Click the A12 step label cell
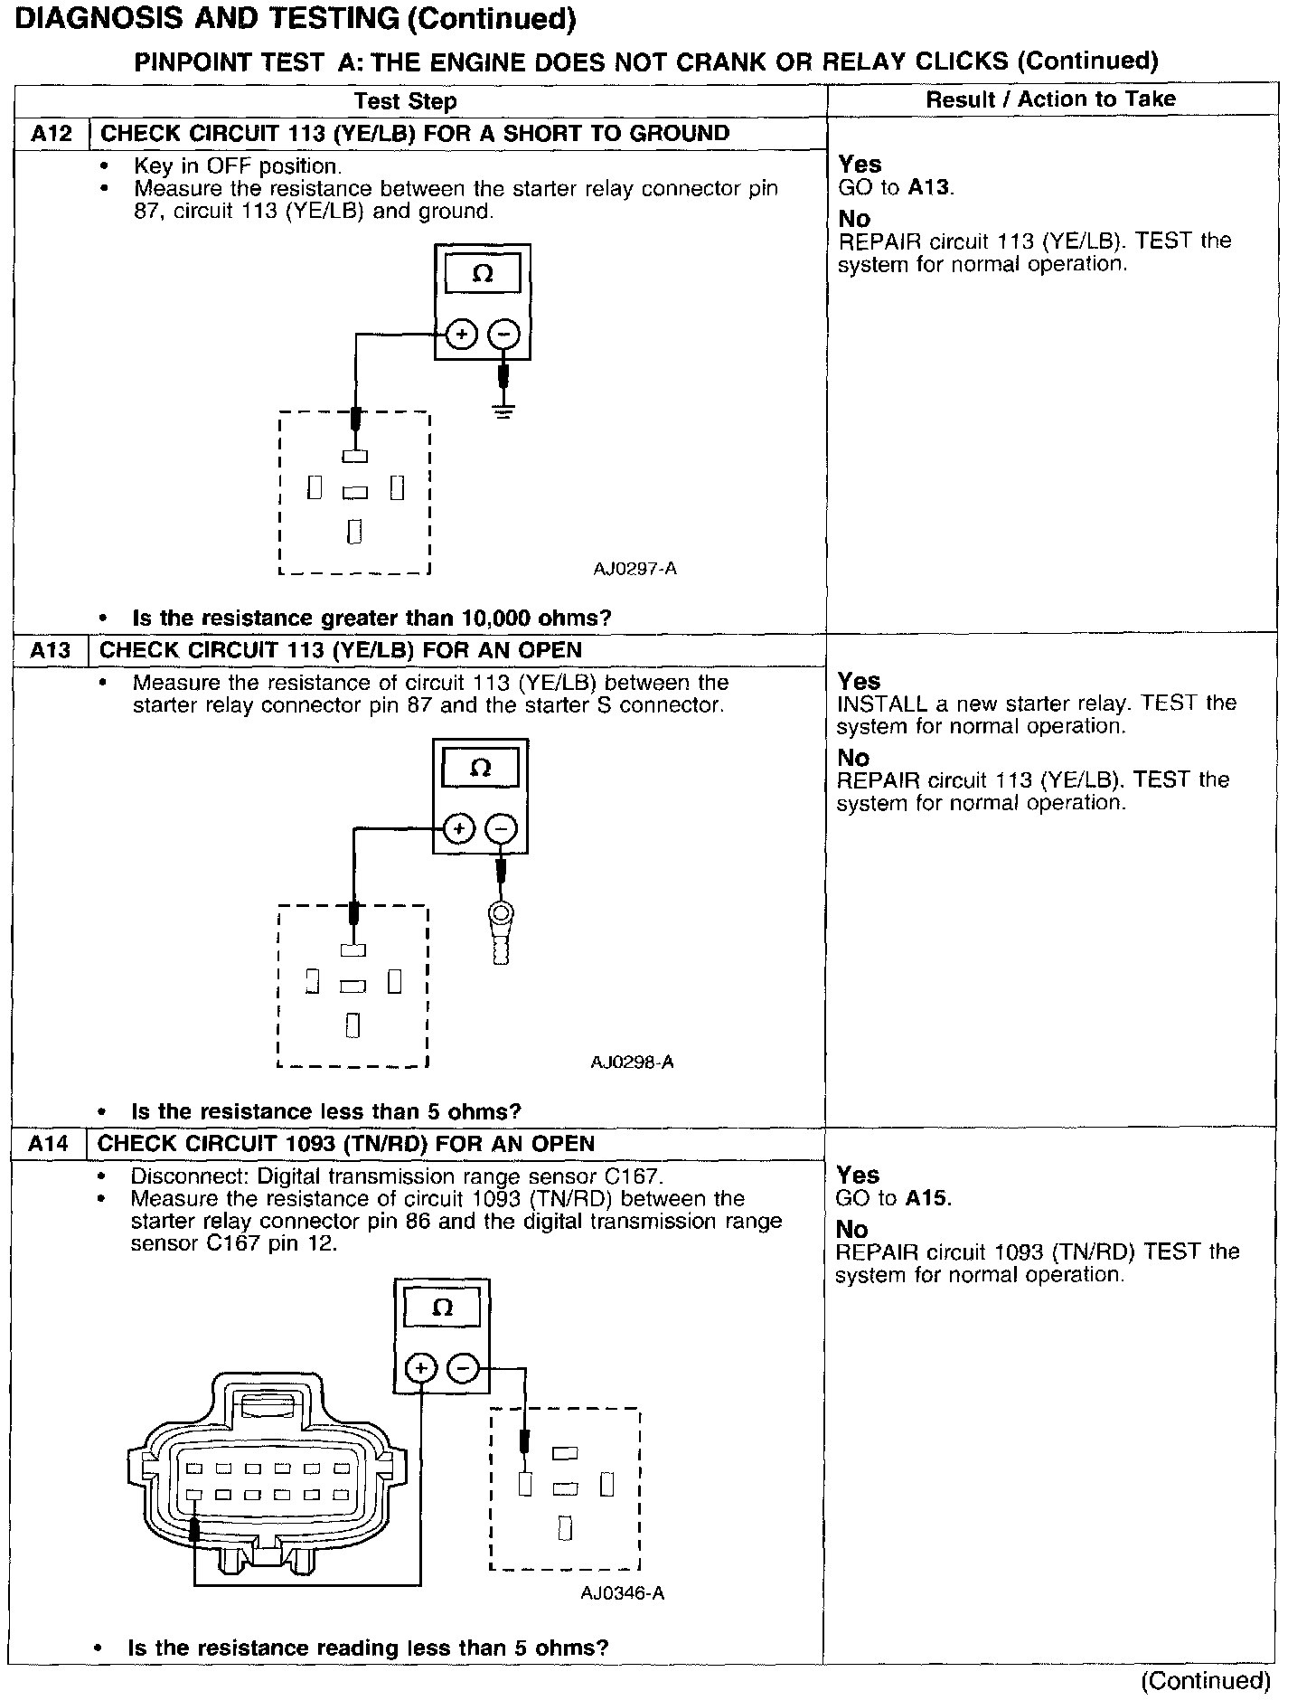pyautogui.click(x=51, y=134)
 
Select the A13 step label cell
pyautogui.click(x=50, y=651)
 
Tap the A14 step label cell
pyautogui.click(x=48, y=1144)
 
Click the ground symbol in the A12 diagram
pyautogui.click(x=504, y=411)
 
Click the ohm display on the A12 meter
pyautogui.click(x=483, y=274)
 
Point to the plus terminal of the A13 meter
pyautogui.click(x=459, y=828)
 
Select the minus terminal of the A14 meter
pyautogui.click(x=463, y=1368)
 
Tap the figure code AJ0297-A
pyautogui.click(x=634, y=569)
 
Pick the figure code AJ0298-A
pyautogui.click(x=632, y=1062)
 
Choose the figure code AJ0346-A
pyautogui.click(x=623, y=1593)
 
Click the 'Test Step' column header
pyautogui.click(x=405, y=101)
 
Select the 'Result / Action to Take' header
pyautogui.click(x=1050, y=99)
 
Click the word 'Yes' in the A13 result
pyautogui.click(x=859, y=681)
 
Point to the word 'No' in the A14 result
pyautogui.click(x=852, y=1230)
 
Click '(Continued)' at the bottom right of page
pyautogui.click(x=1206, y=1680)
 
